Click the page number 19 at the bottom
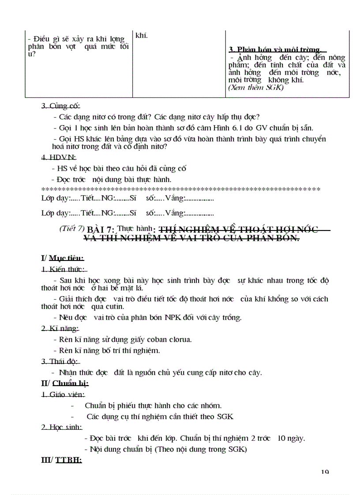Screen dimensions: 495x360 (325, 472)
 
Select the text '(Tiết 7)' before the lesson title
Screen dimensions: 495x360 (71, 228)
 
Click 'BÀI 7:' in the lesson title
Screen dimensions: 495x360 (101, 230)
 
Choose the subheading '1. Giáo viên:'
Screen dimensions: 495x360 (63, 395)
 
